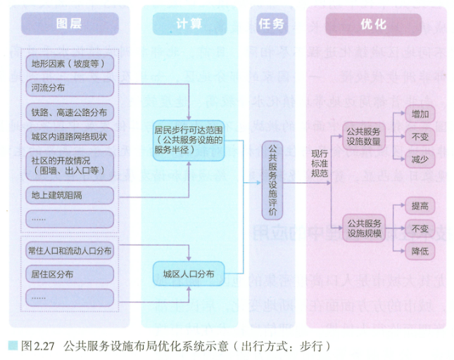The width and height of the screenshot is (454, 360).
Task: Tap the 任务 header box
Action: click(x=272, y=25)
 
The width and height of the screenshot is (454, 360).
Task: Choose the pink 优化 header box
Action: click(x=373, y=25)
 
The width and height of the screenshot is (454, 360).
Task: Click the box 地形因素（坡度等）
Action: click(x=68, y=64)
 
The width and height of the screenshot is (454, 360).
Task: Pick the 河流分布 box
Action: click(x=68, y=88)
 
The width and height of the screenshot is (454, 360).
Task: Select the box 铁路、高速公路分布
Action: click(x=68, y=112)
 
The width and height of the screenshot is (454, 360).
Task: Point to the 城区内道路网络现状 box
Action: click(x=68, y=136)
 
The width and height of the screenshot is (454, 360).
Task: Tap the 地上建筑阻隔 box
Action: click(x=68, y=193)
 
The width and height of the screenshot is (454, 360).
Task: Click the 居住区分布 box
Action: click(x=68, y=274)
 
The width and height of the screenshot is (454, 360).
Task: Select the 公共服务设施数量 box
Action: click(x=362, y=136)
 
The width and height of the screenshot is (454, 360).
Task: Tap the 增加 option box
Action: click(x=420, y=113)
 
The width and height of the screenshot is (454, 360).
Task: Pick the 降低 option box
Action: click(x=420, y=251)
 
